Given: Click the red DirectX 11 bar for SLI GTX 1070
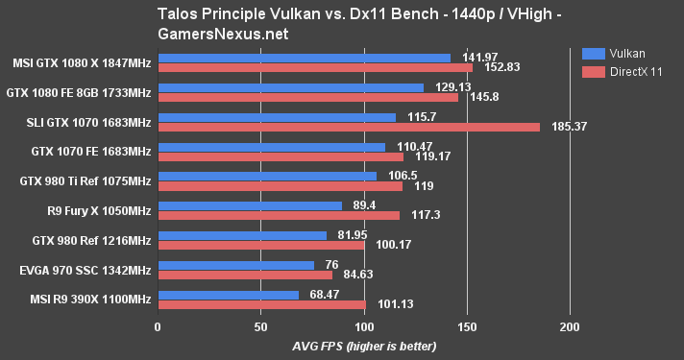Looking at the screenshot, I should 349,127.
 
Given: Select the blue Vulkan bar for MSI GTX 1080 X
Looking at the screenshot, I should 304,58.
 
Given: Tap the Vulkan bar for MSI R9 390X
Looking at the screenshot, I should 228,295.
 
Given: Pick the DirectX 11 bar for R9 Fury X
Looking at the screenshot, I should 279,215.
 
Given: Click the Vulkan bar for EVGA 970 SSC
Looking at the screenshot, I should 235,265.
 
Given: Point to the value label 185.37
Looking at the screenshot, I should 569,127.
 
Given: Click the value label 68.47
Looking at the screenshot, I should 324,295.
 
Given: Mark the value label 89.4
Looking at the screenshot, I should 362,205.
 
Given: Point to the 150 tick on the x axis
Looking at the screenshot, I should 467,326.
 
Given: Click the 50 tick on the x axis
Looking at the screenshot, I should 260,326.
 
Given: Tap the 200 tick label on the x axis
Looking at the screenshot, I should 570,326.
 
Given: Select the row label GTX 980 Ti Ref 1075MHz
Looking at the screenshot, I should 85,180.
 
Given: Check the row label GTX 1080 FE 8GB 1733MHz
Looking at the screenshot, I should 80,92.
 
